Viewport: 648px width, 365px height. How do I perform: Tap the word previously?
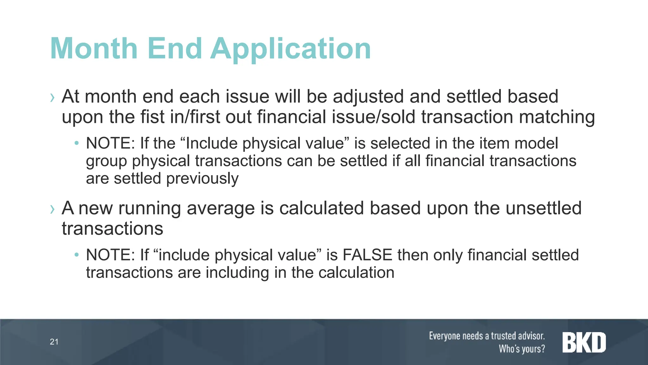[x=202, y=179]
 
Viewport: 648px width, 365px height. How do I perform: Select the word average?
[x=221, y=208]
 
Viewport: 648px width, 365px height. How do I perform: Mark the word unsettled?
[x=544, y=208]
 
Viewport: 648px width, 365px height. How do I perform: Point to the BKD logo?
[x=584, y=343]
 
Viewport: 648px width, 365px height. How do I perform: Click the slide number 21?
[x=54, y=342]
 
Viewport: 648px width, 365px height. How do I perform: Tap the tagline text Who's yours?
[x=522, y=349]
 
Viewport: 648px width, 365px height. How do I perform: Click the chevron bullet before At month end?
[x=52, y=98]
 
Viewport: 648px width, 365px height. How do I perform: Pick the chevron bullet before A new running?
[x=52, y=209]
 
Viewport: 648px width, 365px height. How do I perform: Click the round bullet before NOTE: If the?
[x=76, y=143]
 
